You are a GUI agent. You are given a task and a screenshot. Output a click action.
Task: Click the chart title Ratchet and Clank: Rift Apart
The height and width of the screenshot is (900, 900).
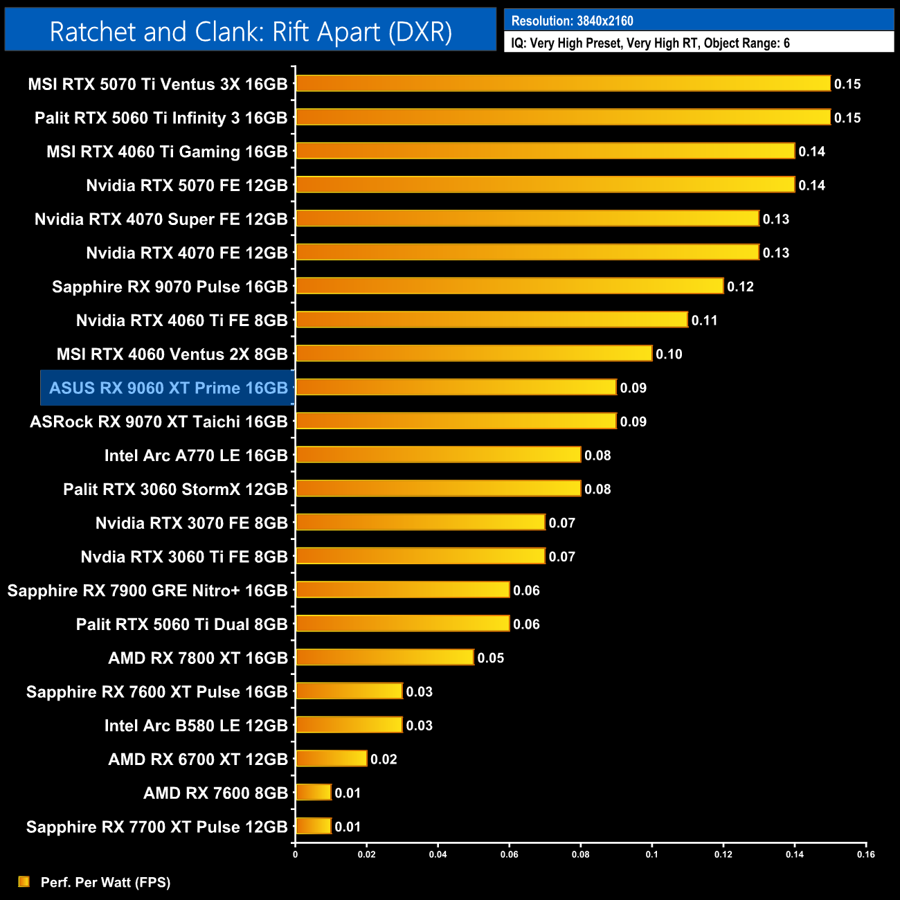point(251,32)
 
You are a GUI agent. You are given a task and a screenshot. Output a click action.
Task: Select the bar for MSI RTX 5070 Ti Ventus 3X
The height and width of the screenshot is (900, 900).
point(563,84)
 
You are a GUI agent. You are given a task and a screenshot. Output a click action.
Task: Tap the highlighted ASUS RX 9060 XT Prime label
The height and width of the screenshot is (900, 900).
point(168,388)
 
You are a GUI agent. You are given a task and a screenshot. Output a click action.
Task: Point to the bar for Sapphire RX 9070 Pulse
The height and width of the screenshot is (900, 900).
point(510,286)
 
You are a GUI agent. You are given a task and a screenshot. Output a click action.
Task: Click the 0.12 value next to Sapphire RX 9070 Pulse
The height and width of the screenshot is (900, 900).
point(740,287)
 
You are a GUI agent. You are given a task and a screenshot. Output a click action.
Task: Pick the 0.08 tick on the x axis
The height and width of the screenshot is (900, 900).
point(580,854)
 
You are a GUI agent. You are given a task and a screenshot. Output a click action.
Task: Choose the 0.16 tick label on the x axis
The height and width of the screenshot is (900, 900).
point(865,854)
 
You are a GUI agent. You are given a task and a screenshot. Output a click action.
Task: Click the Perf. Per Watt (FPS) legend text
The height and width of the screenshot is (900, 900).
point(105,882)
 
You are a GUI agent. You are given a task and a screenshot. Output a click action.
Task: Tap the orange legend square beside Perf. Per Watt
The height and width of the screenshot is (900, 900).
point(24,881)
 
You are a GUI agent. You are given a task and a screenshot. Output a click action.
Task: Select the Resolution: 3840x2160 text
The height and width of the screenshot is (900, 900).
point(572,21)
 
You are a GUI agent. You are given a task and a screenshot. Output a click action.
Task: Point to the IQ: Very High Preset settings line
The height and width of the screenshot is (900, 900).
point(650,43)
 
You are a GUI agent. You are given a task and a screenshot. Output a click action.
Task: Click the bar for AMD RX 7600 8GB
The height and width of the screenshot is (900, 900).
point(314,793)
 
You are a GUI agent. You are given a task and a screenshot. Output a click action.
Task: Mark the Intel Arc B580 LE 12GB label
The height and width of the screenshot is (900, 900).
point(196,726)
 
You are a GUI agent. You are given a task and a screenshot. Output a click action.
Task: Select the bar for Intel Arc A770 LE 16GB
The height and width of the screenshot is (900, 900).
point(438,455)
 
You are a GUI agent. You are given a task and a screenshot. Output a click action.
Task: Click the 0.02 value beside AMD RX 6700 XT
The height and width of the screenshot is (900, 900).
point(384,759)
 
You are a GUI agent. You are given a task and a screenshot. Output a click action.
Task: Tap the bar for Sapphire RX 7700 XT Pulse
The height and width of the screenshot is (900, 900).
point(314,827)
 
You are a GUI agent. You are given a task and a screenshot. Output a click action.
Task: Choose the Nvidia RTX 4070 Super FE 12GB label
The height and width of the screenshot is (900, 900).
point(161,219)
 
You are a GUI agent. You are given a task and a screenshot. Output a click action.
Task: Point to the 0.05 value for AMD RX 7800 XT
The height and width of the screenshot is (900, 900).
point(490,658)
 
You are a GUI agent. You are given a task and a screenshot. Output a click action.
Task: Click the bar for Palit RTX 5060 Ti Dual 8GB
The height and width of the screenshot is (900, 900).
point(402,624)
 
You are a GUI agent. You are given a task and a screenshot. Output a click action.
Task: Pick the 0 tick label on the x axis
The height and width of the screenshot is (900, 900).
point(296,854)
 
